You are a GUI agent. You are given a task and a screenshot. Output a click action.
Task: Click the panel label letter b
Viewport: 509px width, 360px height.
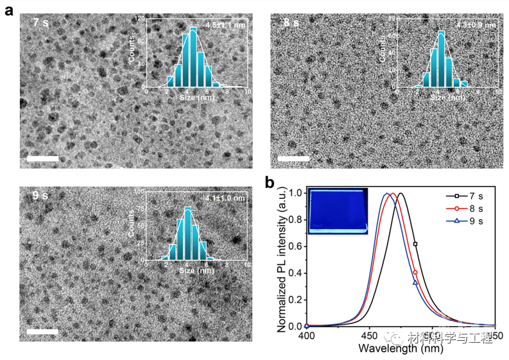[270, 184]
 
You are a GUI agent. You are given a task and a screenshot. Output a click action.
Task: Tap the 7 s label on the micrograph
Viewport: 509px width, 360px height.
[41, 23]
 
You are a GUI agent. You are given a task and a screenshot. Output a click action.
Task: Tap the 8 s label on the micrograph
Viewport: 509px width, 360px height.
[291, 23]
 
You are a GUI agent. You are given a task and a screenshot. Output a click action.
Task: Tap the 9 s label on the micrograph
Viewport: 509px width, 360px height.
[40, 194]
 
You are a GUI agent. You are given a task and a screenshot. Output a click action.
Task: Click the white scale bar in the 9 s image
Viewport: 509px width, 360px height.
[42, 332]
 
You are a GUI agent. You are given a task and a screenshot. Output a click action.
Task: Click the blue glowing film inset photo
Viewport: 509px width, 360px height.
[338, 211]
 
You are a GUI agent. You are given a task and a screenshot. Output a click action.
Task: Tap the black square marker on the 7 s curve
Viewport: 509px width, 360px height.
[415, 244]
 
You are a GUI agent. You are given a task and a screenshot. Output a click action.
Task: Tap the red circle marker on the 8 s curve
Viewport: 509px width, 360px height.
[415, 273]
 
